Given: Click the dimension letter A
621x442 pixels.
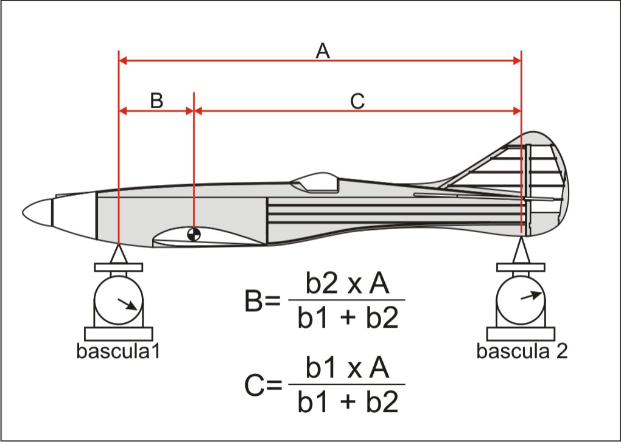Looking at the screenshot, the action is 323,52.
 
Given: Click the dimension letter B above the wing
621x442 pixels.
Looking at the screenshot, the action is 156,100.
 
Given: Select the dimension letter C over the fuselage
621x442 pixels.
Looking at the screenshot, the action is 357,101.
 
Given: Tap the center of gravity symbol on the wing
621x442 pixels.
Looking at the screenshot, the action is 194,234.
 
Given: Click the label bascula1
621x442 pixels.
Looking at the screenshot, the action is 118,351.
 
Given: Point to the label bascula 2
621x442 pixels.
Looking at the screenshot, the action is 522,351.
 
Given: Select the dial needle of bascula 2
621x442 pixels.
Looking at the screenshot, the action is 531,295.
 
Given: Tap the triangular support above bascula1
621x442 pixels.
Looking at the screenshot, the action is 119,254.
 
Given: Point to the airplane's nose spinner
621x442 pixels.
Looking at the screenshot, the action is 37,212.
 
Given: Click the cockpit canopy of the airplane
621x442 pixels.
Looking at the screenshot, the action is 315,182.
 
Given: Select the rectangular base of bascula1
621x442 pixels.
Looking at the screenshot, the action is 119,334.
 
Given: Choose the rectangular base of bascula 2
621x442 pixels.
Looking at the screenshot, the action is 521,334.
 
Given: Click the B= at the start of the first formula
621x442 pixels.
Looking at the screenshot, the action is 262,302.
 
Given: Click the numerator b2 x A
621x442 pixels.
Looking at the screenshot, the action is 347,283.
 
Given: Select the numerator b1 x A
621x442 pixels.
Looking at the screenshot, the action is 347,367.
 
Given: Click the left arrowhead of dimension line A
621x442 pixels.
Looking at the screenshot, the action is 123,60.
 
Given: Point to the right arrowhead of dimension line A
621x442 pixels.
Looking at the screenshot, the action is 517,60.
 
